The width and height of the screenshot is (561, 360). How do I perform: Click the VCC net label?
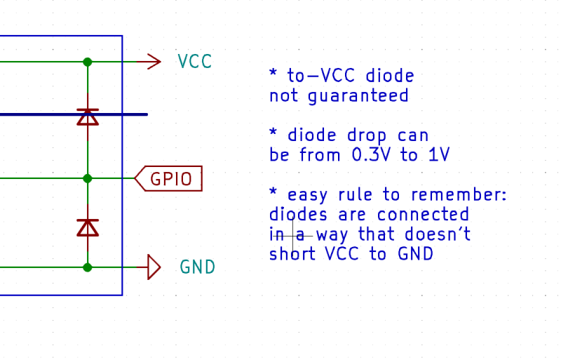coord(195,62)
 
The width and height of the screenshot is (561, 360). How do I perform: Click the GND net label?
coord(197,267)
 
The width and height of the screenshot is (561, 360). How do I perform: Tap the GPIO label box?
coord(169,179)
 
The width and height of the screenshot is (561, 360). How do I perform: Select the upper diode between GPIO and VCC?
coord(88,116)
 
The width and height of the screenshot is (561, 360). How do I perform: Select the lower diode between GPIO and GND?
coord(88,227)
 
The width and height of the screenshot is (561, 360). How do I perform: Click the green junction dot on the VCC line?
coord(88,62)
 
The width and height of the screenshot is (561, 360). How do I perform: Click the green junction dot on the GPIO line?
coord(88,178)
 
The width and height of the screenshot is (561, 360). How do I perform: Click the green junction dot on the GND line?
coord(88,267)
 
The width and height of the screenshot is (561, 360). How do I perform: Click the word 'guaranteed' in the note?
coord(358,95)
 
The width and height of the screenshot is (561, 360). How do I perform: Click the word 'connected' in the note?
coord(423,214)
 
